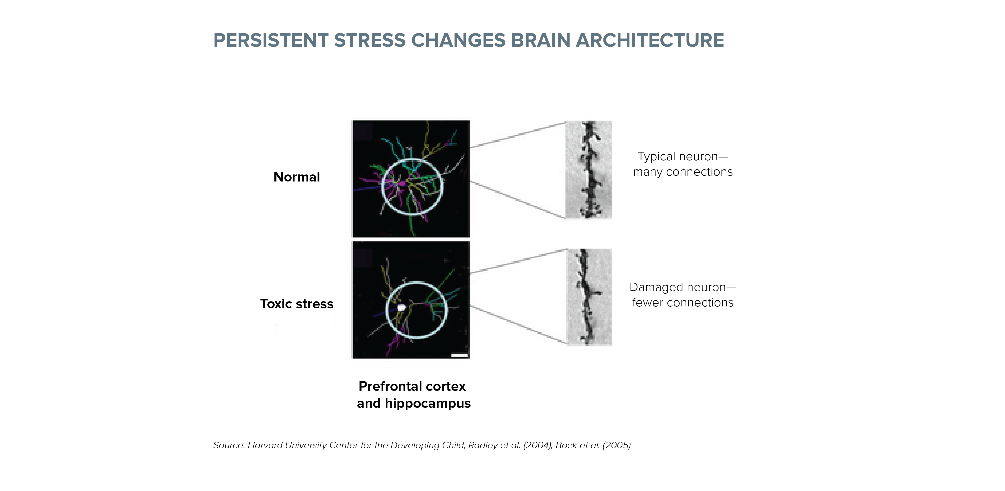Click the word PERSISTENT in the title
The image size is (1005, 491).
click(x=271, y=40)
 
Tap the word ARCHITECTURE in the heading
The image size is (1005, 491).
click(x=649, y=40)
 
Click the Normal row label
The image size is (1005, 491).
click(x=297, y=177)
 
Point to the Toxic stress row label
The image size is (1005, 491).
click(x=297, y=304)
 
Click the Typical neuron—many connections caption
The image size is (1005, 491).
click(x=683, y=164)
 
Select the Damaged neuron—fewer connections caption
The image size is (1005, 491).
click(x=683, y=295)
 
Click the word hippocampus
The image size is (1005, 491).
click(x=428, y=404)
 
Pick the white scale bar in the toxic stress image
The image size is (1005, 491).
click(x=459, y=355)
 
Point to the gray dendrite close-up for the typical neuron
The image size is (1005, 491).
click(x=589, y=170)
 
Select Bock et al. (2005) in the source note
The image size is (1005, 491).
click(x=593, y=445)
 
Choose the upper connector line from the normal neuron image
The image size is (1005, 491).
click(x=518, y=135)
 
